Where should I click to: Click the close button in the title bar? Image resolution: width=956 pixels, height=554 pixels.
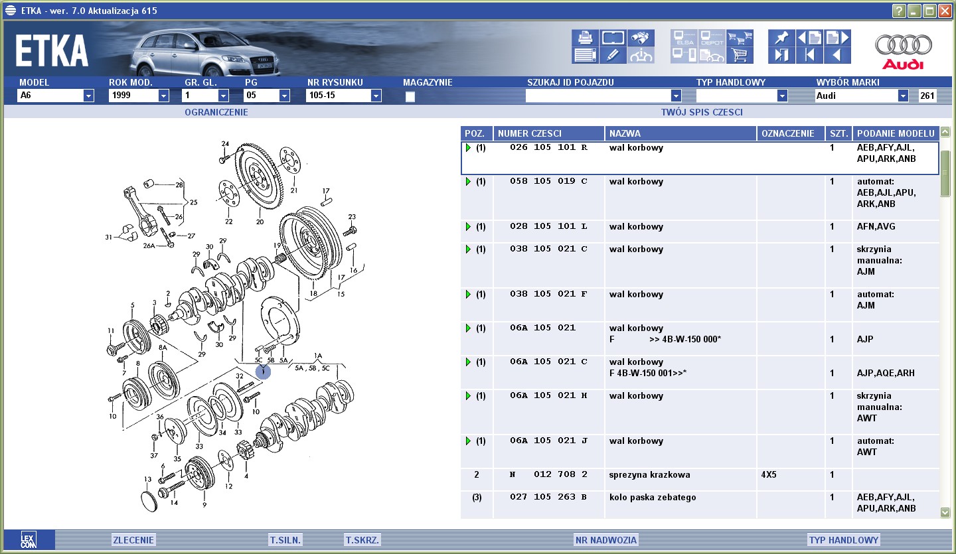click(x=945, y=11)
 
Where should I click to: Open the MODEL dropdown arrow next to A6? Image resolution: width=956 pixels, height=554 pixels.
click(x=88, y=96)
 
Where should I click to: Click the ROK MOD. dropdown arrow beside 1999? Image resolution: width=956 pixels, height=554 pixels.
click(x=163, y=96)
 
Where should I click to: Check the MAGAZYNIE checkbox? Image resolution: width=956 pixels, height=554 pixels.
click(x=410, y=97)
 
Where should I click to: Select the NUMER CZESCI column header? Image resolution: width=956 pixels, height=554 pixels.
click(x=530, y=133)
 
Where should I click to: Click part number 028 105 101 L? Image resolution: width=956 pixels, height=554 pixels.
click(x=548, y=226)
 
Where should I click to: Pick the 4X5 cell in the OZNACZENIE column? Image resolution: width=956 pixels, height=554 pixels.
click(x=769, y=474)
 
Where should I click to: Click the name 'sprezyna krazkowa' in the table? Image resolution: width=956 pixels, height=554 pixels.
click(x=649, y=474)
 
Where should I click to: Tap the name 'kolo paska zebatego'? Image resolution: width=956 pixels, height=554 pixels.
click(x=653, y=498)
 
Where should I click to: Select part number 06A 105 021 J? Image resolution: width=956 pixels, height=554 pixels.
click(x=548, y=441)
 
